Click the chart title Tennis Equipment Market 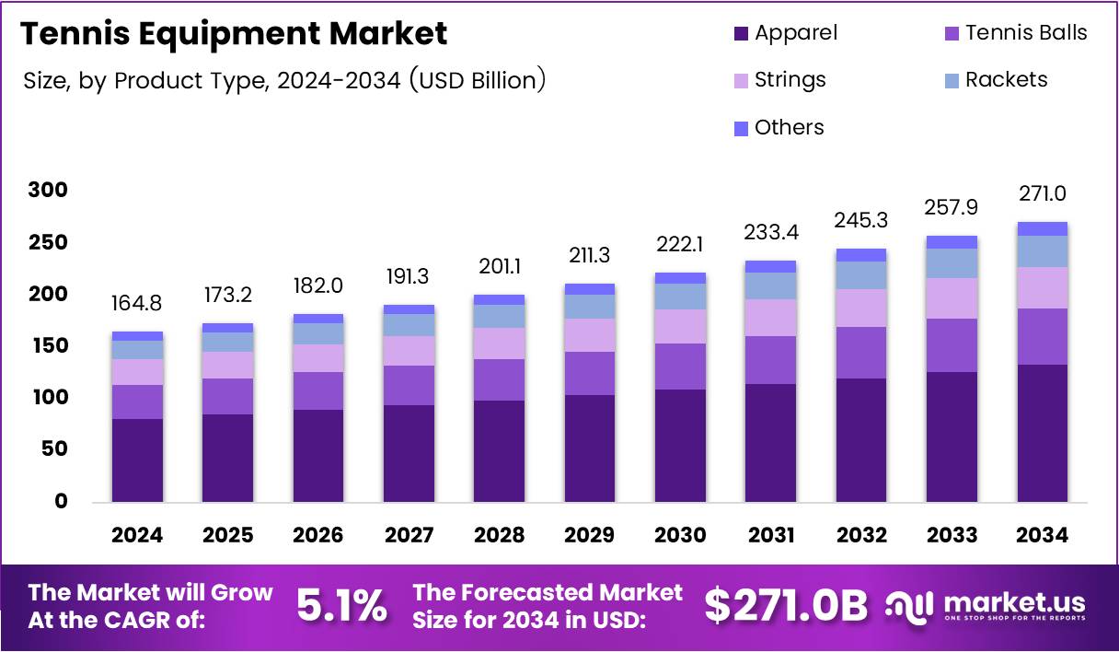234,34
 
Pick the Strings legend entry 779,80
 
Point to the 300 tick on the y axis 47,191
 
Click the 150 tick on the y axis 47,346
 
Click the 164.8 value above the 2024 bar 137,305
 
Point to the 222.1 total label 680,245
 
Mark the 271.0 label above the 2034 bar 1043,194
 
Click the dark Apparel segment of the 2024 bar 137,460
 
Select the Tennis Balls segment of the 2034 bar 1043,336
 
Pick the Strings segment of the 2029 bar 590,335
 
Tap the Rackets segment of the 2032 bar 861,275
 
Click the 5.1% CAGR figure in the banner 341,606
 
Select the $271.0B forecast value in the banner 786,606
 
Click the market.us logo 986,606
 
